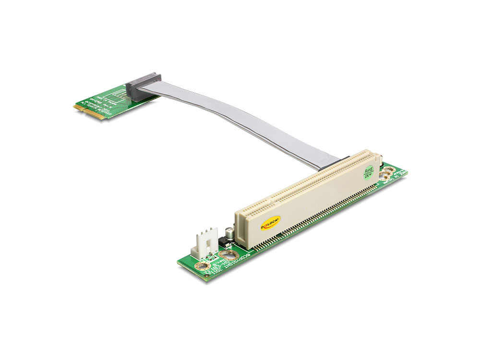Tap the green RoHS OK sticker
(x=369, y=172)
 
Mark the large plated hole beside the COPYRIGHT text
(x=225, y=256)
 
